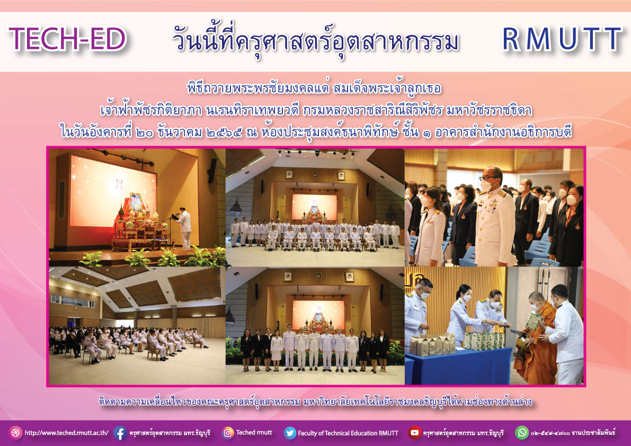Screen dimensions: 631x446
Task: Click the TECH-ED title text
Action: pos(68,39)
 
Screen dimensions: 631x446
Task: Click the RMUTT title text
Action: pos(562,39)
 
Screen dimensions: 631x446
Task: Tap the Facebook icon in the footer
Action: pos(120,433)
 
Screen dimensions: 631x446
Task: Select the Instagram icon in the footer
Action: pos(227,433)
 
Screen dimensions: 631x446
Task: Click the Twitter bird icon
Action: pos(290,433)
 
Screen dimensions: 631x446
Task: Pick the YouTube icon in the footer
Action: pos(414,433)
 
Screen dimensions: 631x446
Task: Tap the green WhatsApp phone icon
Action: pos(521,433)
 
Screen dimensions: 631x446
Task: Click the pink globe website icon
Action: pos(15,433)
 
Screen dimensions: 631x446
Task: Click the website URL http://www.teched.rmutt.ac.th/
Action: pos(66,433)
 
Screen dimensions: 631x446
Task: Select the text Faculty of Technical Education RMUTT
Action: pos(348,433)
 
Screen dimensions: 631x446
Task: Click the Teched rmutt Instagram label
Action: pos(254,432)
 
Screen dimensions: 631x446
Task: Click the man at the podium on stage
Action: pos(184,228)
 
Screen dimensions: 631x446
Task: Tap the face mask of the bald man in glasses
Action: pos(486,185)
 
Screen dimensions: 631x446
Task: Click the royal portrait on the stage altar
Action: pos(136,202)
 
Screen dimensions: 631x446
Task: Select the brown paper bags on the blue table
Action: pos(432,344)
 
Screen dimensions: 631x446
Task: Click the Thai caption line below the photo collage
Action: pos(315,401)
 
